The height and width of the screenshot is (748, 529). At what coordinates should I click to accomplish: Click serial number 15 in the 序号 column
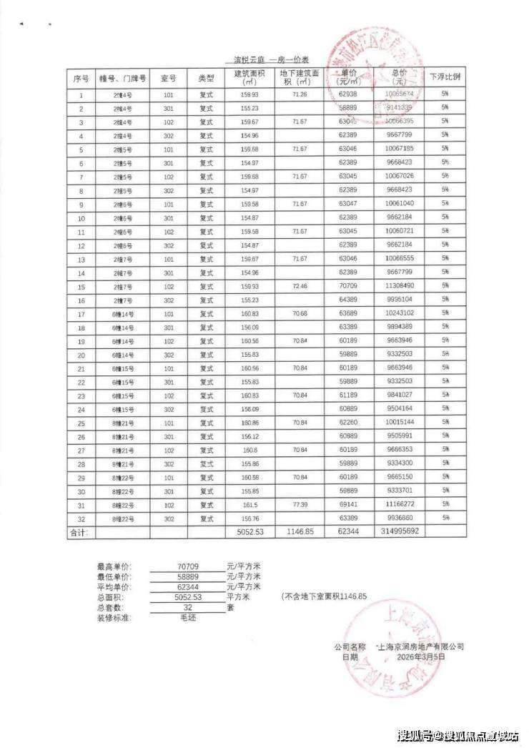coord(81,286)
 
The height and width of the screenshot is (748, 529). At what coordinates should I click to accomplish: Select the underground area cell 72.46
coord(300,286)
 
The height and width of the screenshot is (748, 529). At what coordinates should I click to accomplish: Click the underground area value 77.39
coord(300,504)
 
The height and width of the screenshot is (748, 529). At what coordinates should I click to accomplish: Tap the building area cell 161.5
coord(249,504)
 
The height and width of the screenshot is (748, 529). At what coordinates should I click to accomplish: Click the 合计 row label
coord(78,532)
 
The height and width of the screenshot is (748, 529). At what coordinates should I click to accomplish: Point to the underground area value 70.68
coord(300,313)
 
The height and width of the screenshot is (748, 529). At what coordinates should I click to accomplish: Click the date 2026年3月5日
coord(421,656)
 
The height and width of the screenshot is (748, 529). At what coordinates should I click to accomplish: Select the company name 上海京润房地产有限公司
coord(421,646)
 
